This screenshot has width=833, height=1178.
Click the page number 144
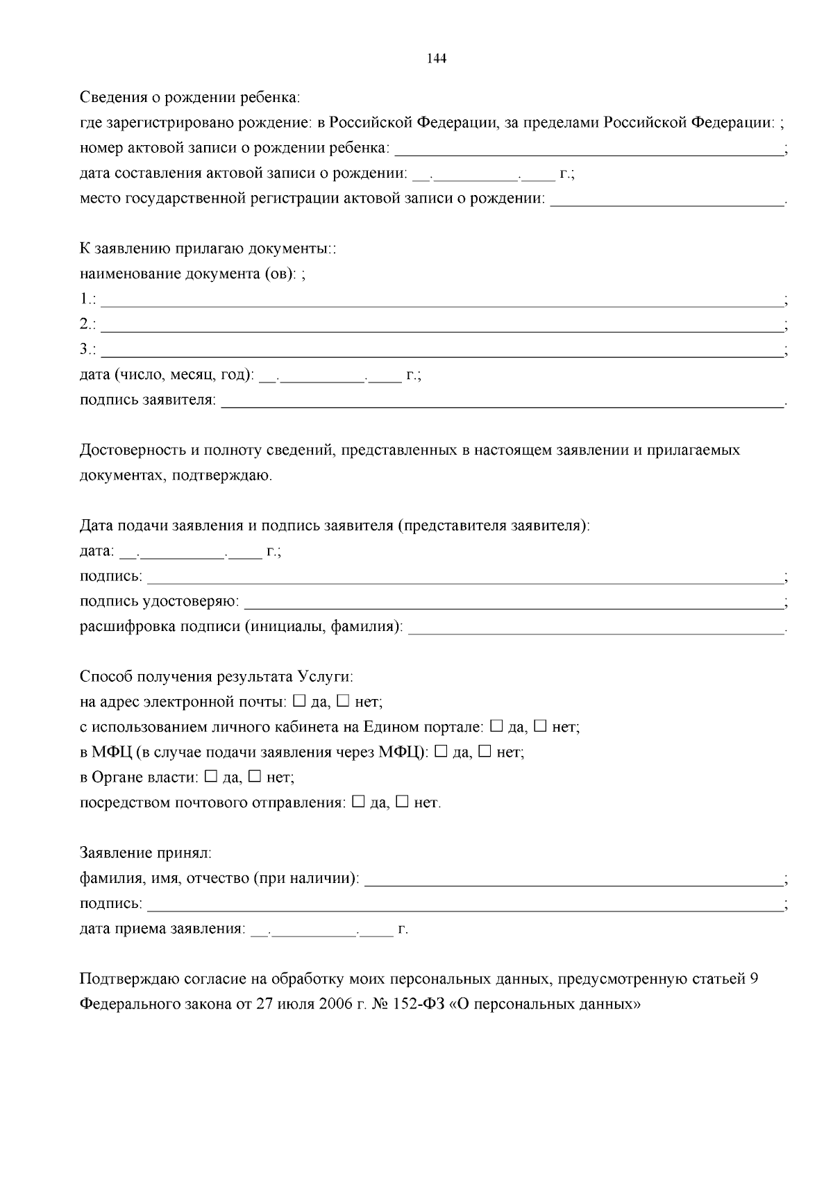436,59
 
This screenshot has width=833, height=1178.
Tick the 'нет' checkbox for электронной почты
343,701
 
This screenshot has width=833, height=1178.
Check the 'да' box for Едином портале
496,726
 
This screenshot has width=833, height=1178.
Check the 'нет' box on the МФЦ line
485,751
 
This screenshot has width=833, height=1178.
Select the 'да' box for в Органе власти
211,776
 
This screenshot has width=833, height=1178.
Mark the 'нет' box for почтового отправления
402,802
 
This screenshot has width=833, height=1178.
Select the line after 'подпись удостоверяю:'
513,602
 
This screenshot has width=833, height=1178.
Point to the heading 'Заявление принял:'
146,852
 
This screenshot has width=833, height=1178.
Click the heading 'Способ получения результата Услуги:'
217,676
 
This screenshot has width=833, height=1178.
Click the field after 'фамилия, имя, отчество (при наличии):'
573,879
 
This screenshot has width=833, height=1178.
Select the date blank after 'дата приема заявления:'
323,929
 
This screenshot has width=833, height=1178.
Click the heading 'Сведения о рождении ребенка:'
190,97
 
